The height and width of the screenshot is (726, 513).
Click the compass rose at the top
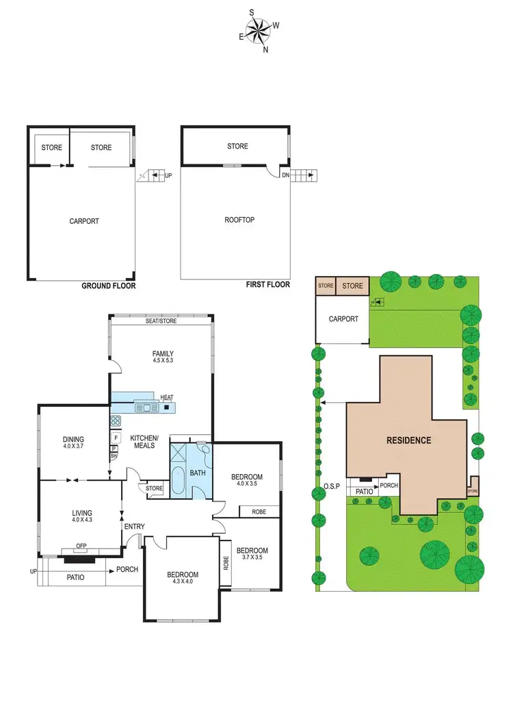click(259, 30)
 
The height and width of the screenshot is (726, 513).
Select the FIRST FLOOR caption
click(267, 284)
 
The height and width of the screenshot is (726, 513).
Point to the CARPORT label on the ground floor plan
click(84, 221)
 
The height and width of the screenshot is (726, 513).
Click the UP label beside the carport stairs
click(168, 176)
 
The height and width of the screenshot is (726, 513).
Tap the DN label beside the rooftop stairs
click(285, 175)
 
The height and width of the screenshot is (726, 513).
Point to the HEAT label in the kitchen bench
click(167, 398)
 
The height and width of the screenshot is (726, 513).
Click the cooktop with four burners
click(116, 421)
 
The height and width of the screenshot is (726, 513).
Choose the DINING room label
click(73, 440)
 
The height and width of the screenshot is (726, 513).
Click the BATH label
click(198, 473)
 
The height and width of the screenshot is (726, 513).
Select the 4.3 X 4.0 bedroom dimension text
click(183, 583)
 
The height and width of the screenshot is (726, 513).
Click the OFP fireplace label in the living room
click(81, 547)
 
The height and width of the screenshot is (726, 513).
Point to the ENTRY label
click(135, 526)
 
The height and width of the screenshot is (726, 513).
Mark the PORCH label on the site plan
click(389, 486)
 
